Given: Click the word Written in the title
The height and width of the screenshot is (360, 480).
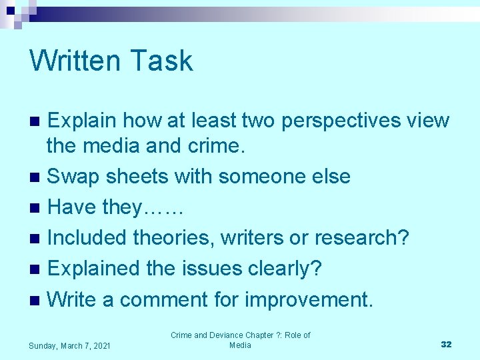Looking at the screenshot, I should click(74, 61).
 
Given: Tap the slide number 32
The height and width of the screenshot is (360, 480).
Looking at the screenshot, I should click(446, 344).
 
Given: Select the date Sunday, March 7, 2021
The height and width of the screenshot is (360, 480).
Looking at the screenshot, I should click(70, 345).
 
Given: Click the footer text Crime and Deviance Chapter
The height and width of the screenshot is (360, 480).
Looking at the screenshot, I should click(240, 335).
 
